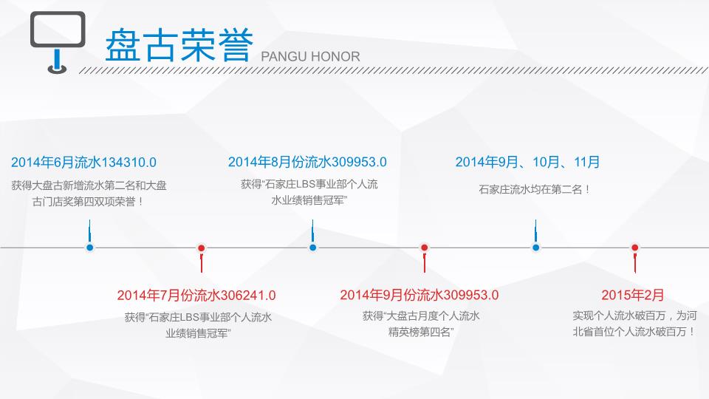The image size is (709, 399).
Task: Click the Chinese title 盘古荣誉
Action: pyautogui.click(x=179, y=45)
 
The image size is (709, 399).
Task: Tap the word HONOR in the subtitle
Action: pyautogui.click(x=335, y=57)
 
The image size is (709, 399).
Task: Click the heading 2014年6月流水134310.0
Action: pyautogui.click(x=83, y=163)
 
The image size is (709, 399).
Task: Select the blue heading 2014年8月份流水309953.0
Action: pyautogui.click(x=307, y=162)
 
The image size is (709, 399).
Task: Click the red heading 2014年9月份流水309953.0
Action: pyautogui.click(x=419, y=295)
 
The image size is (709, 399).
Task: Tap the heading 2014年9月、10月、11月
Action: pyautogui.click(x=527, y=162)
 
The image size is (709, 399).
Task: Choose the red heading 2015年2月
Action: pyautogui.click(x=633, y=295)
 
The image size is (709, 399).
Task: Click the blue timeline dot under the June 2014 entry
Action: pyautogui.click(x=89, y=248)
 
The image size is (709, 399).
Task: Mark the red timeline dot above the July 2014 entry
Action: pyautogui.click(x=201, y=248)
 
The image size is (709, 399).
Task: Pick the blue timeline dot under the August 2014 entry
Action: pyautogui.click(x=312, y=248)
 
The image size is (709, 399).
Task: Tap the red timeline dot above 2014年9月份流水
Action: pyautogui.click(x=424, y=248)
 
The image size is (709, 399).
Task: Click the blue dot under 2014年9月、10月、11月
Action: pyautogui.click(x=535, y=248)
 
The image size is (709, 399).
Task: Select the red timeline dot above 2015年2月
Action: pyautogui.click(x=635, y=248)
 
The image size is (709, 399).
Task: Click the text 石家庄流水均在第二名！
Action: pyautogui.click(x=534, y=190)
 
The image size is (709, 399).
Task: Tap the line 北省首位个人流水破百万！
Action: pyautogui.click(x=634, y=332)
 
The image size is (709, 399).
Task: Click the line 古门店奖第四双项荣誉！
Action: pyautogui.click(x=88, y=202)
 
